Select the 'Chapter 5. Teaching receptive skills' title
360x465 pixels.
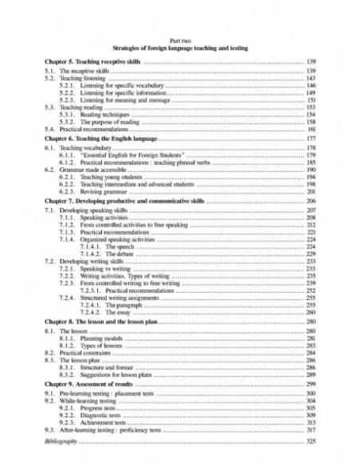tap(88, 61)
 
